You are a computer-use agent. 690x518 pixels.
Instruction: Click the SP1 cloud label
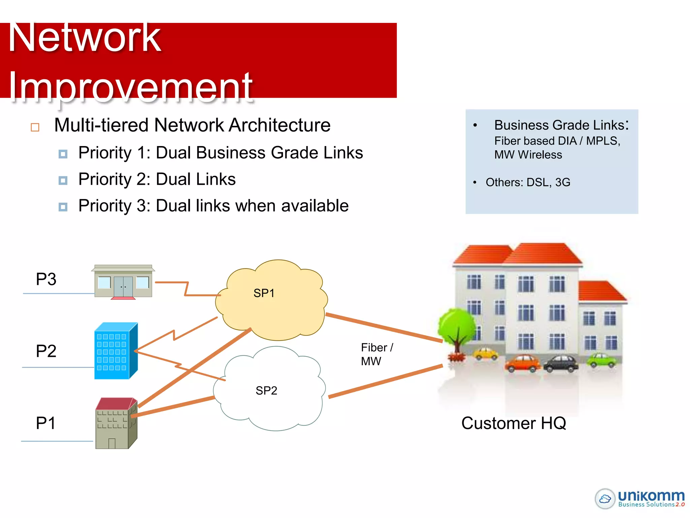click(x=264, y=293)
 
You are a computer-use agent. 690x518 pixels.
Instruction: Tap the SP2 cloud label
click(x=266, y=391)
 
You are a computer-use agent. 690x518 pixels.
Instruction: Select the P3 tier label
click(x=46, y=279)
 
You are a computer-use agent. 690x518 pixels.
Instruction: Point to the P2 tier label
click(x=46, y=351)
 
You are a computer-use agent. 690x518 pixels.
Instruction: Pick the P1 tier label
click(x=45, y=423)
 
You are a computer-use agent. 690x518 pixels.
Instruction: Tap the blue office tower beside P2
click(x=116, y=351)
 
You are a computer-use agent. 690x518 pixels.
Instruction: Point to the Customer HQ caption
click(x=513, y=423)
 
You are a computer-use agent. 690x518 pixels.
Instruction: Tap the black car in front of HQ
click(x=561, y=364)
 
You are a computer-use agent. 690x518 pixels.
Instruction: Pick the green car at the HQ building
click(x=602, y=360)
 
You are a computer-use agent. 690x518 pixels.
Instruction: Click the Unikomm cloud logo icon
click(x=605, y=498)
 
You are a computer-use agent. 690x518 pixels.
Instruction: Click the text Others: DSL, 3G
click(x=528, y=182)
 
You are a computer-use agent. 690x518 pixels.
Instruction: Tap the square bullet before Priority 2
click(x=63, y=180)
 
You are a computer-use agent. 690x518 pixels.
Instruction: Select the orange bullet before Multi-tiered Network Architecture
click(x=35, y=127)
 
